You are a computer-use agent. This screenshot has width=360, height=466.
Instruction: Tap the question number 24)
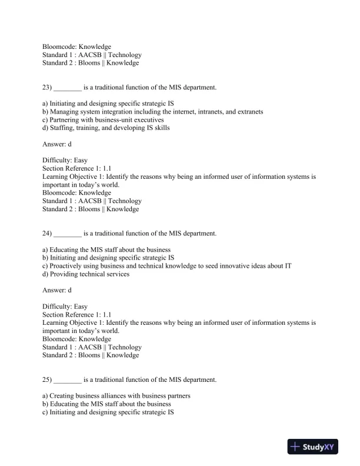coord(47,234)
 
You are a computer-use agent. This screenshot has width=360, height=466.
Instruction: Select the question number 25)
coord(47,380)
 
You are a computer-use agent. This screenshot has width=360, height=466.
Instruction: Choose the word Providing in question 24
coord(65,274)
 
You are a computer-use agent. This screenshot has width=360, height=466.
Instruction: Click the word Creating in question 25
coord(64,396)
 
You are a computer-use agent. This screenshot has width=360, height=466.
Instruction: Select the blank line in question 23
coord(68,88)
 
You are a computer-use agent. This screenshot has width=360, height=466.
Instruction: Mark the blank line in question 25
coord(68,381)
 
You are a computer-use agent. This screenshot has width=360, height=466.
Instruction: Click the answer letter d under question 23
coord(70,144)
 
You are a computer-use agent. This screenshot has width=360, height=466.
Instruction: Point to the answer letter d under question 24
coord(70,290)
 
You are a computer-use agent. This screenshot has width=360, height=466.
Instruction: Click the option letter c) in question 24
coord(45,266)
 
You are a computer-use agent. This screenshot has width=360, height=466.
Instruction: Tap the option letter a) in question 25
coord(45,396)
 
